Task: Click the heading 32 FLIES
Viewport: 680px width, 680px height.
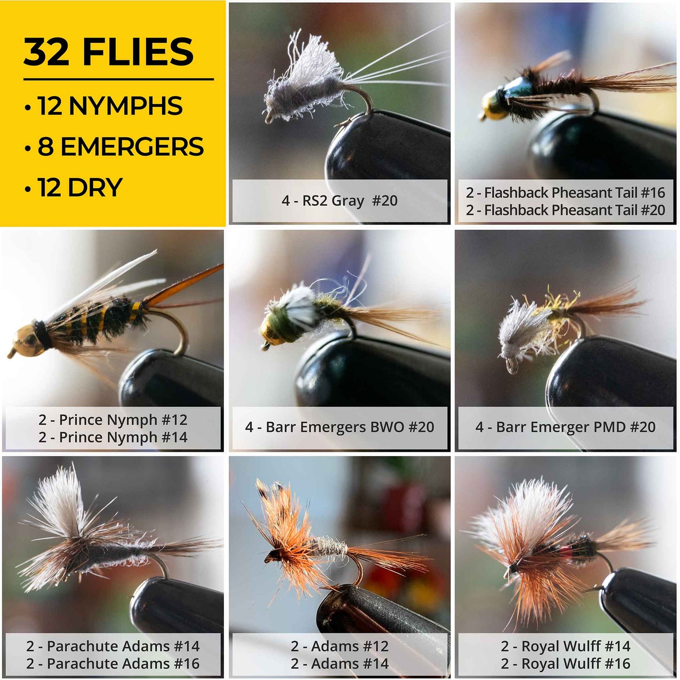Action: [x=109, y=52]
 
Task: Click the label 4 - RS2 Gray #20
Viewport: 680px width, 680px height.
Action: [x=339, y=201]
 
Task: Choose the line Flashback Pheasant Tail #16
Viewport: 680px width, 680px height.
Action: [x=565, y=192]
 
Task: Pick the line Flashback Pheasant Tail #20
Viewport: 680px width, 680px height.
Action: [x=565, y=210]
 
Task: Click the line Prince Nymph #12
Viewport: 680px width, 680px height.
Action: [x=113, y=419]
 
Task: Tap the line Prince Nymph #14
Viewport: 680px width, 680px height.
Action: [x=113, y=437]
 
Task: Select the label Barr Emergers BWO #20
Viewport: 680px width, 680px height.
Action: [x=339, y=427]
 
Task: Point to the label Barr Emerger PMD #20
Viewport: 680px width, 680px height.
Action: [x=565, y=427]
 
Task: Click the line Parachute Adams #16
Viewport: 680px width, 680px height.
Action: [x=113, y=664]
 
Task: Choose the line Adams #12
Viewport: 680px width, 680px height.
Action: [x=339, y=646]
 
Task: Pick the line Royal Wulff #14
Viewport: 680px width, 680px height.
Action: [x=565, y=646]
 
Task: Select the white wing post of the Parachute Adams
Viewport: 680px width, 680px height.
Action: [x=56, y=499]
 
